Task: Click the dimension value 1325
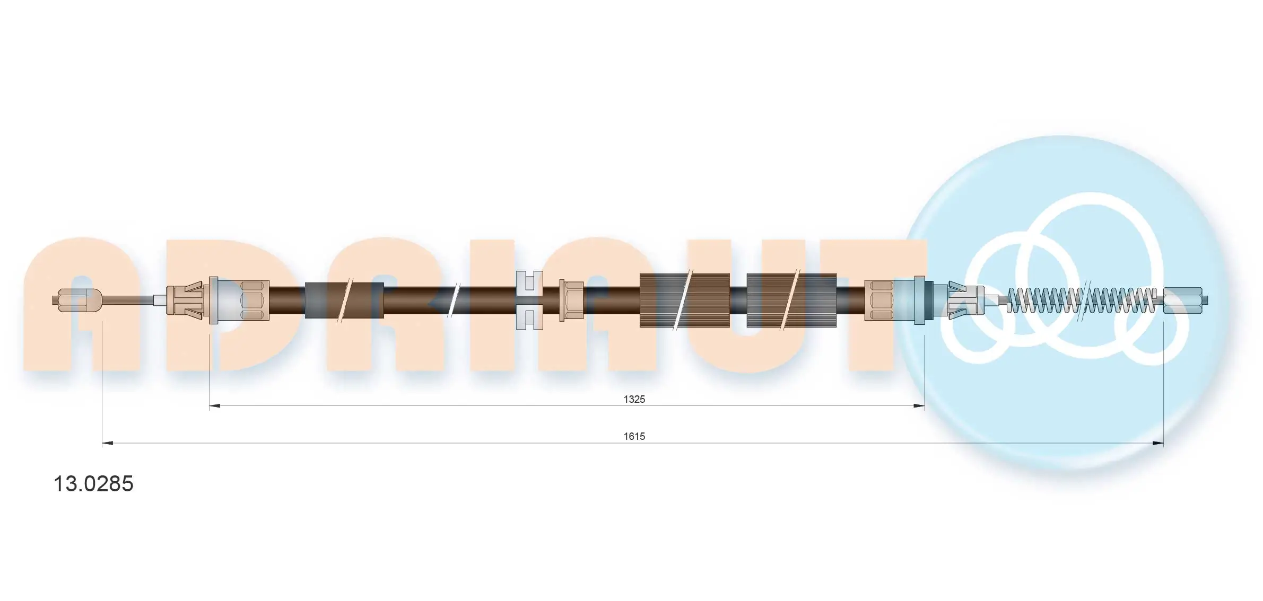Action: [634, 399]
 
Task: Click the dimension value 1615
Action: [634, 436]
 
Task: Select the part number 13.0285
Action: [93, 484]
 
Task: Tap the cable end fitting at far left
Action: [78, 300]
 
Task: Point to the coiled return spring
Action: [1082, 300]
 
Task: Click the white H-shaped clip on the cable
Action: [529, 300]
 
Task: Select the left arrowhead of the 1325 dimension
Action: [214, 406]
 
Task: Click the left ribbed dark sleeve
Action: [684, 300]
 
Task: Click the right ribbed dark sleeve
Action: [791, 300]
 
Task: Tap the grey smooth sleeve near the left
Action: [344, 300]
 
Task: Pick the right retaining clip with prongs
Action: [965, 300]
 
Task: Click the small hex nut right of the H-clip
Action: [572, 300]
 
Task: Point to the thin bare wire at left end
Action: [127, 300]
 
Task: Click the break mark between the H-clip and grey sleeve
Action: [454, 300]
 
